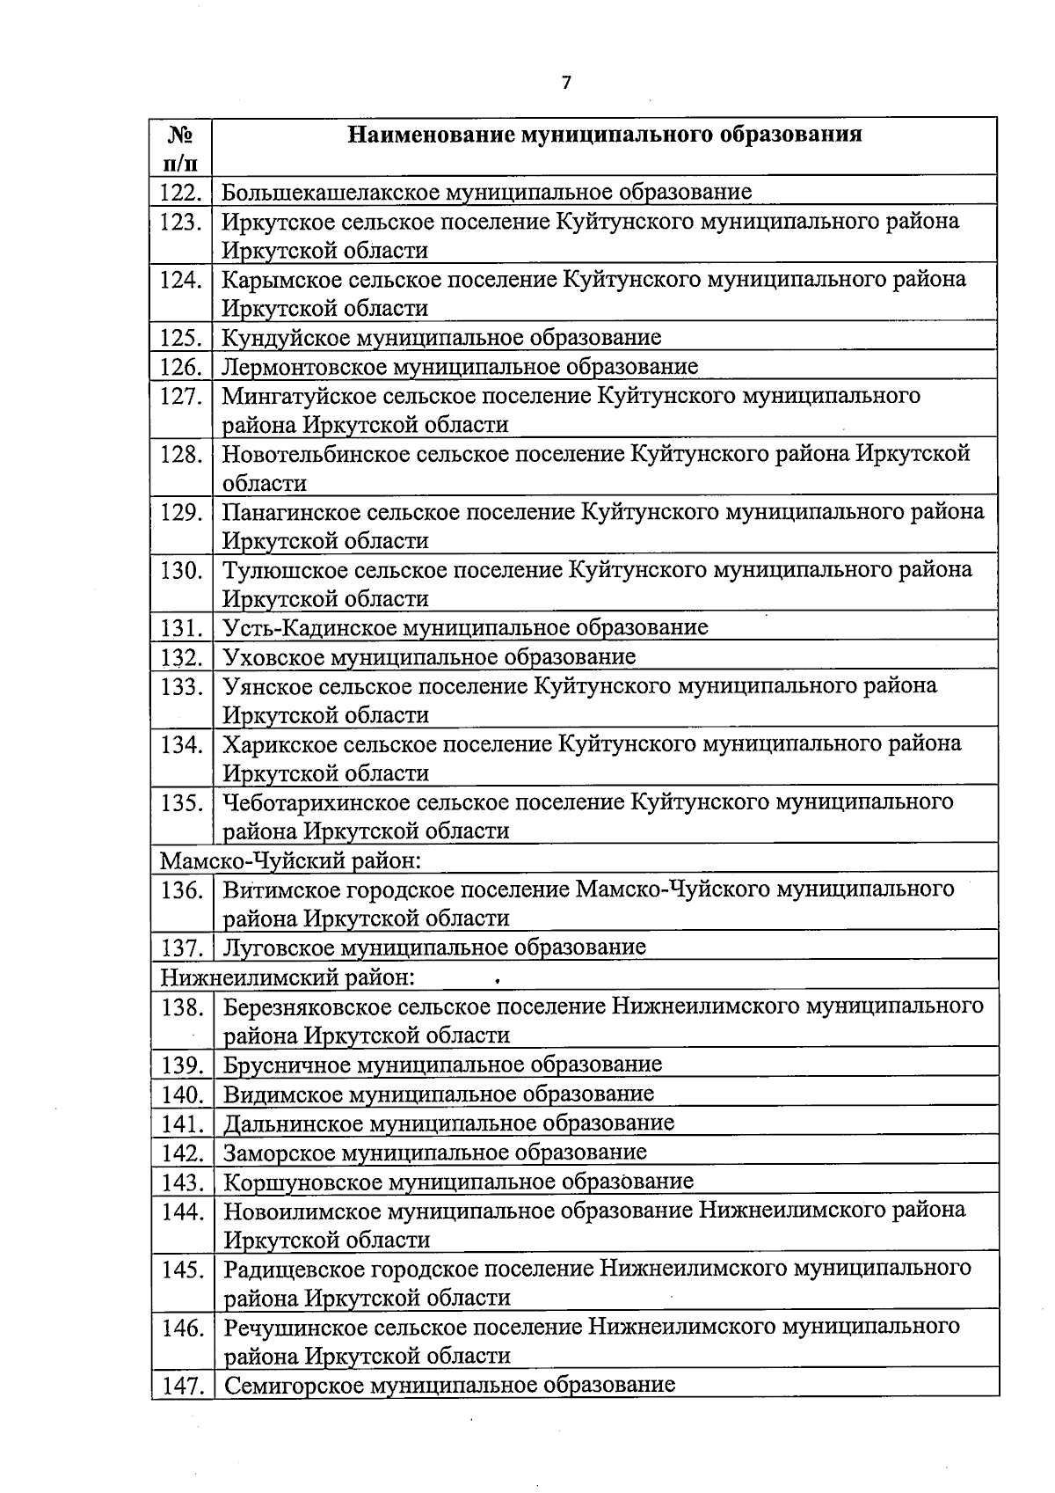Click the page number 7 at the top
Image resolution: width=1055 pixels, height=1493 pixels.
click(566, 83)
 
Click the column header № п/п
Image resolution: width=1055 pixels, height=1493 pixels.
click(180, 149)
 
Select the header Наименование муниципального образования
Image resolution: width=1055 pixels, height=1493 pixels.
click(605, 135)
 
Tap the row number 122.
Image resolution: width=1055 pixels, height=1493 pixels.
click(182, 192)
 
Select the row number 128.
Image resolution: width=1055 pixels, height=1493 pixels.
click(182, 455)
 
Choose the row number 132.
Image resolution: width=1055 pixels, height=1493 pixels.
click(182, 657)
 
